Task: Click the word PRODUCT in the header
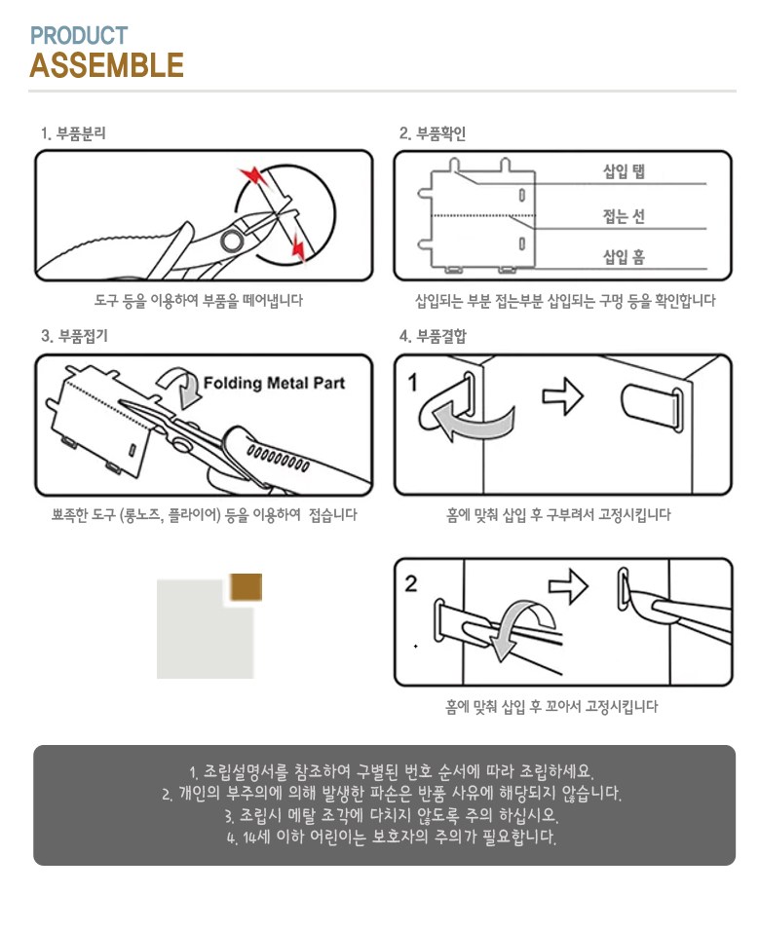point(79,36)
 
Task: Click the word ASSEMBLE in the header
point(106,65)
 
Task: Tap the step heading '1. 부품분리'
point(74,133)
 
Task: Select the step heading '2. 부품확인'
point(433,133)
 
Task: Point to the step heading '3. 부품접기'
point(75,336)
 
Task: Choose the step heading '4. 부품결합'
point(434,336)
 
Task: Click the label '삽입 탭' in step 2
point(624,171)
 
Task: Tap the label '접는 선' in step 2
point(624,215)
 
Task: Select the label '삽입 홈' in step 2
point(624,257)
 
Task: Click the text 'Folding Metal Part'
point(274,383)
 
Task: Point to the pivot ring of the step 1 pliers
point(231,242)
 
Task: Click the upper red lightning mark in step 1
point(253,175)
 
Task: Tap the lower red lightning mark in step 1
point(299,247)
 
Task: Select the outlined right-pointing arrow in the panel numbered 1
point(563,395)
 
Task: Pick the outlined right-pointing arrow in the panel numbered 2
point(568,586)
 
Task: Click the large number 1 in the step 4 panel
point(413,383)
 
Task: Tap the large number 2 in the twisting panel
point(411,583)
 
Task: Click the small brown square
point(246,587)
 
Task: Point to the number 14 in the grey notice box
point(250,838)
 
